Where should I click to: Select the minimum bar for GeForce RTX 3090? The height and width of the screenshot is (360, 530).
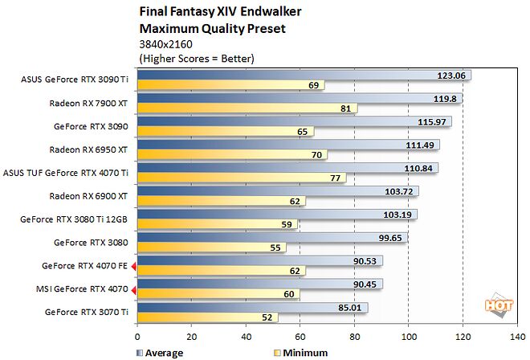(225, 131)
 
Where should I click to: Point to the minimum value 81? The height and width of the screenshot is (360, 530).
(346, 108)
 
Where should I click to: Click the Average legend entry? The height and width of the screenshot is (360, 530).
(161, 352)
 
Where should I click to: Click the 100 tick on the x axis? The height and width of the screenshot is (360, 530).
(409, 337)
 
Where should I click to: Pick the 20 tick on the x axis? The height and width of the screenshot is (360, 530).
(192, 337)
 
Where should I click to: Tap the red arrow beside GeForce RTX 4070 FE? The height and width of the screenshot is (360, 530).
(134, 265)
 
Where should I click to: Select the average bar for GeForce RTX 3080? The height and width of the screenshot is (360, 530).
(273, 238)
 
